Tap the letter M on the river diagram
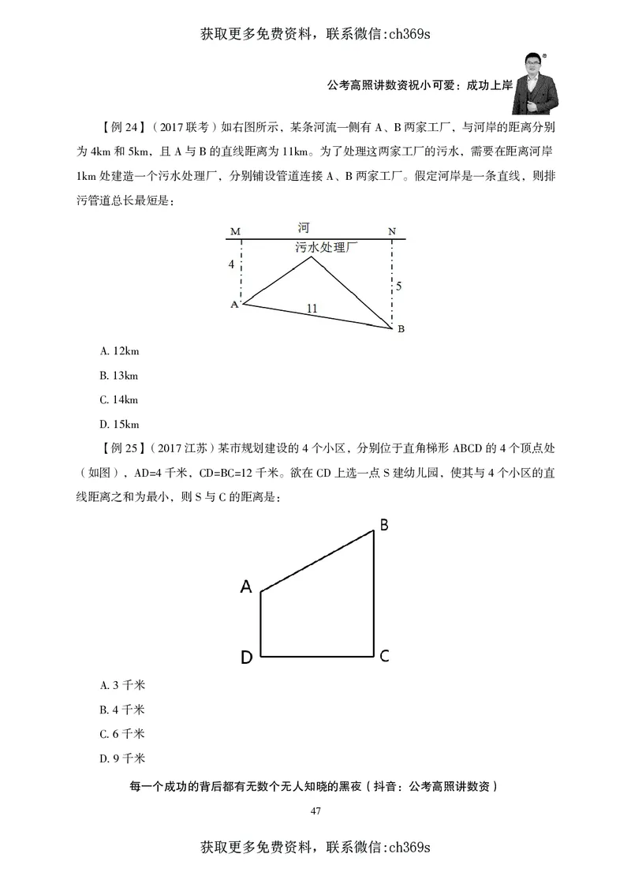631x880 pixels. point(235,231)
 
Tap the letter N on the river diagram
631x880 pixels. point(392,231)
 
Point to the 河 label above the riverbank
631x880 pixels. point(304,228)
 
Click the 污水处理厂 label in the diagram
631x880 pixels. point(327,247)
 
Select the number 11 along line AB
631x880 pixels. point(312,309)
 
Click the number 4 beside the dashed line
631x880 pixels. point(231,265)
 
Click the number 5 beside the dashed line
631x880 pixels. point(399,286)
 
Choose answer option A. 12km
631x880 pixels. point(120,350)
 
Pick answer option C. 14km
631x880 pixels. point(120,399)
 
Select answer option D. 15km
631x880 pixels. point(120,423)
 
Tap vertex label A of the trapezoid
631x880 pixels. point(246,586)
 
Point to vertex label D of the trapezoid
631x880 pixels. point(246,658)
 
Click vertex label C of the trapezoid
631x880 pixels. point(384,656)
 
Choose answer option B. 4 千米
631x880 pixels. point(122,710)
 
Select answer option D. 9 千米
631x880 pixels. point(122,758)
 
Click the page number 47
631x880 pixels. point(315,811)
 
